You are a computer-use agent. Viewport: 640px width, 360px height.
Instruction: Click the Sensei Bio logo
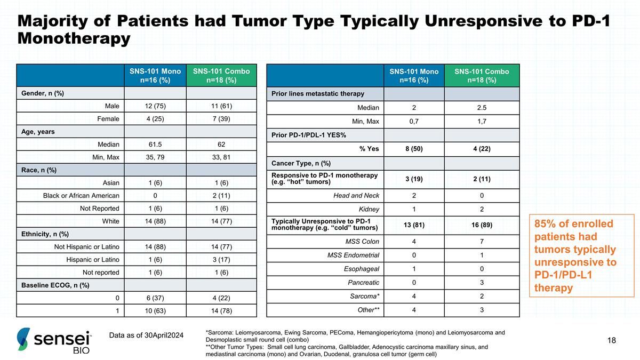54,341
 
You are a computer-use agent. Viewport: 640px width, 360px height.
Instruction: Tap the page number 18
611,340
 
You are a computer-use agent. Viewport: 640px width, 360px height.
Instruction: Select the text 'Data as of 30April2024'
146,335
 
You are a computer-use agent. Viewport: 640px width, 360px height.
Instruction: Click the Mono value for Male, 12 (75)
155,106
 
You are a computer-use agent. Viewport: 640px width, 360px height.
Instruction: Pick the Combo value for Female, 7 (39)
221,118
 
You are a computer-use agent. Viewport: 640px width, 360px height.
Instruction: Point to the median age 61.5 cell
155,145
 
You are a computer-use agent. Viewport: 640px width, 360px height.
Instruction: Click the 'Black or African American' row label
81,195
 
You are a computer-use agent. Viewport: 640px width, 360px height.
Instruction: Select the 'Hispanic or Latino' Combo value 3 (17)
221,259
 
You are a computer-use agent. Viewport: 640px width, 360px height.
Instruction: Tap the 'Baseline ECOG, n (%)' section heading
55,285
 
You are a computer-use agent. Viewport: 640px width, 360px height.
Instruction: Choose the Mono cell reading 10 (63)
155,310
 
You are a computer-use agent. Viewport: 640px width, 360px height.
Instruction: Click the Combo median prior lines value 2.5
482,108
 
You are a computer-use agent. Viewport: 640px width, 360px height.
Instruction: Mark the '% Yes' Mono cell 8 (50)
414,149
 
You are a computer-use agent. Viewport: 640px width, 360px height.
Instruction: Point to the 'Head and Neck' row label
356,195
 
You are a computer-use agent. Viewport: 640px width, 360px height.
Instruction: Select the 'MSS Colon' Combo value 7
482,242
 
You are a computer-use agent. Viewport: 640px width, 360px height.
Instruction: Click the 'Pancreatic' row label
363,283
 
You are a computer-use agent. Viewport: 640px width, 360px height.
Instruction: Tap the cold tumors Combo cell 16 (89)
482,225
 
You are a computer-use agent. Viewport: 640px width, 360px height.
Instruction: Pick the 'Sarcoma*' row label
365,297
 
